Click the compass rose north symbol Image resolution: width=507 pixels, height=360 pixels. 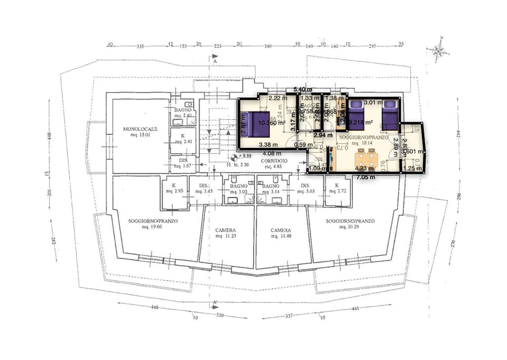[x=438, y=50]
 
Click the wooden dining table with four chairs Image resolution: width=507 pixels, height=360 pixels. [x=366, y=157]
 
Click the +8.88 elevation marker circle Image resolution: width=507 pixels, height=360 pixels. [x=234, y=157]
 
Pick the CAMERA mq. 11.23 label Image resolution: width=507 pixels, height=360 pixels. [x=226, y=234]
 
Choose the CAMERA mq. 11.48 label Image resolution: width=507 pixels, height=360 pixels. [x=281, y=234]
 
